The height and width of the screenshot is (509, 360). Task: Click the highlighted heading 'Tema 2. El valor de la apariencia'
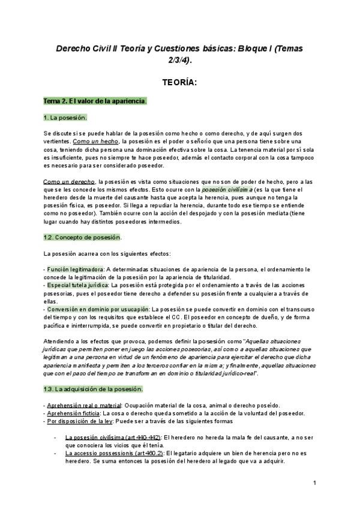click(95, 101)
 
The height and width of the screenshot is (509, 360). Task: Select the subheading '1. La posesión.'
click(65, 117)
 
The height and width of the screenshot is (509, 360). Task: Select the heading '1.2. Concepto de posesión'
click(82, 238)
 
